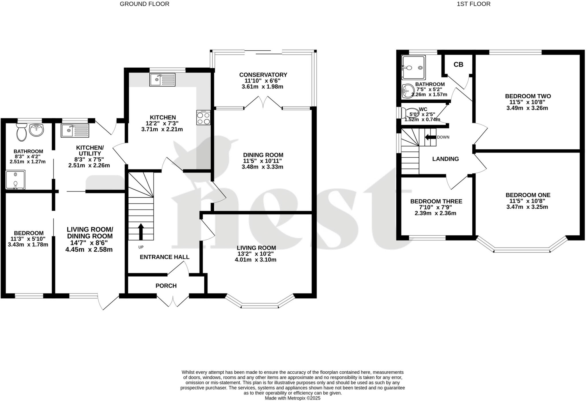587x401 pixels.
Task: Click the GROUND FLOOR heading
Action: click(x=144, y=4)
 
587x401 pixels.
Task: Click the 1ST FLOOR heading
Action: click(x=473, y=4)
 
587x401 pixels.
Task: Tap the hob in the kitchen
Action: click(x=203, y=118)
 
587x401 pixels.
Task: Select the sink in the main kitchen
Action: click(x=162, y=79)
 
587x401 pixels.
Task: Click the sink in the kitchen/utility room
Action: click(x=75, y=130)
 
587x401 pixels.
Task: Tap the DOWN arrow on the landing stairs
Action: click(x=430, y=137)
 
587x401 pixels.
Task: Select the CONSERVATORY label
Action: click(x=263, y=75)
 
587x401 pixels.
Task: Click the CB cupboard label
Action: click(x=458, y=64)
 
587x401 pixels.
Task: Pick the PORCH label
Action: click(x=166, y=286)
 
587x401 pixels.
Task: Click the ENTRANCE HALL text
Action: click(x=165, y=257)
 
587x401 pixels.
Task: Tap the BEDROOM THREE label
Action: click(x=436, y=202)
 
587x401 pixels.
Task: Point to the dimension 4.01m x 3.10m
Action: click(x=256, y=260)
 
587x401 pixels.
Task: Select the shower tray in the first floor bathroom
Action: click(x=413, y=68)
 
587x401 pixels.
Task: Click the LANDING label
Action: click(x=445, y=159)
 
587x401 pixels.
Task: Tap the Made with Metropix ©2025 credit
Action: click(x=292, y=398)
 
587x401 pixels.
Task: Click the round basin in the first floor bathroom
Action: click(x=407, y=91)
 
